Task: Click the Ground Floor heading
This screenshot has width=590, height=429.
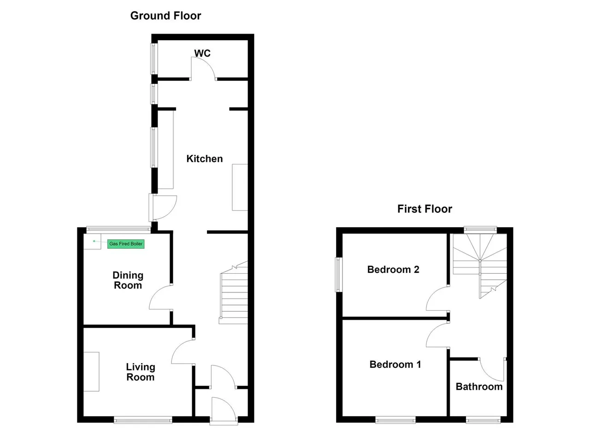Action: [x=165, y=16]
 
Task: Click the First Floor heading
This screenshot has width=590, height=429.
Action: [x=425, y=209]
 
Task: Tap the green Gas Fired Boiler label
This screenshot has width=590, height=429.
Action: [x=126, y=244]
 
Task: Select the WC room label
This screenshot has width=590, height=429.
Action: [x=202, y=53]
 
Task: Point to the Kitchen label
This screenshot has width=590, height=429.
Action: [x=205, y=159]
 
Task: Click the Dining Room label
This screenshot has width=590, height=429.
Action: [x=128, y=280]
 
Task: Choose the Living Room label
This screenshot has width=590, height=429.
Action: [x=141, y=372]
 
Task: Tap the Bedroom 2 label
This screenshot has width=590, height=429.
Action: [x=393, y=270]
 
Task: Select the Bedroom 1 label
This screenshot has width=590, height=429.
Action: [x=395, y=364]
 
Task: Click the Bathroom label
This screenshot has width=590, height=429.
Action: [x=479, y=387]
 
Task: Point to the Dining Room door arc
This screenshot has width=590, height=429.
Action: [x=156, y=292]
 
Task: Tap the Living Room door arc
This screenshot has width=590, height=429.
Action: [x=178, y=347]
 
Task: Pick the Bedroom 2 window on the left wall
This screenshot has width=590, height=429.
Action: [x=339, y=275]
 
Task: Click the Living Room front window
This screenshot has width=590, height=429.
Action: [x=143, y=420]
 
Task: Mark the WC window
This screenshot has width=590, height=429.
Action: [x=154, y=59]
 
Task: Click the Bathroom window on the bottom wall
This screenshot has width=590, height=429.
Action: [x=483, y=420]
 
